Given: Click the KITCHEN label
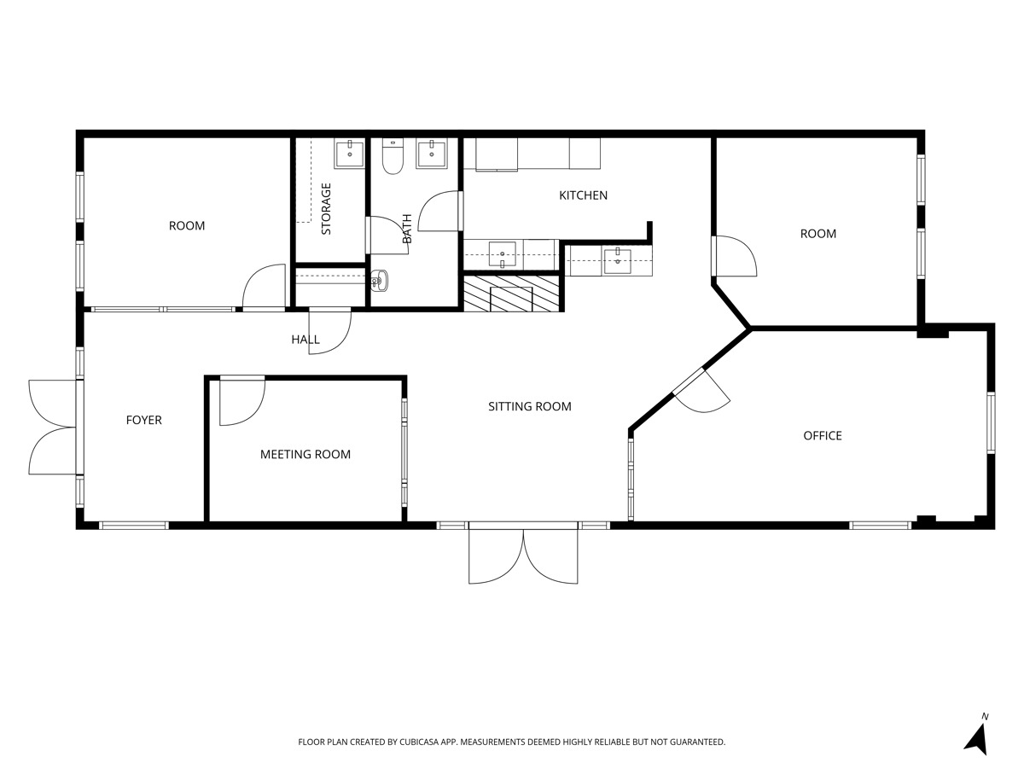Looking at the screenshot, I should pos(583,195).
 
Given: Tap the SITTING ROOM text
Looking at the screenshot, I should pos(529,406).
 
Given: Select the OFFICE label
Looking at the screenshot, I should pos(822,436).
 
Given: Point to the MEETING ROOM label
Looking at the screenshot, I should pos(305,455).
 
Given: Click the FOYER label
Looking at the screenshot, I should pos(143,420).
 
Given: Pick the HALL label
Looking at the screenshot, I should pos(305,340).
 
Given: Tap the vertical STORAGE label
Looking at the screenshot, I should pos(326,209).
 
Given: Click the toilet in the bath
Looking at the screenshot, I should pos(393,158).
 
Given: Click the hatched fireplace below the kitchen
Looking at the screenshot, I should pos(512,294).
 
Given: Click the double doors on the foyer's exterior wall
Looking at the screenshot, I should pos(53,427).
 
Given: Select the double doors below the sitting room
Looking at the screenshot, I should pos(524,555).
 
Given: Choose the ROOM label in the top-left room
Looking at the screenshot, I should pos(186,226).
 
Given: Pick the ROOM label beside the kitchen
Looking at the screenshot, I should pos(817,234).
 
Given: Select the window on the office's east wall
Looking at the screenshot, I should pos(991,422).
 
